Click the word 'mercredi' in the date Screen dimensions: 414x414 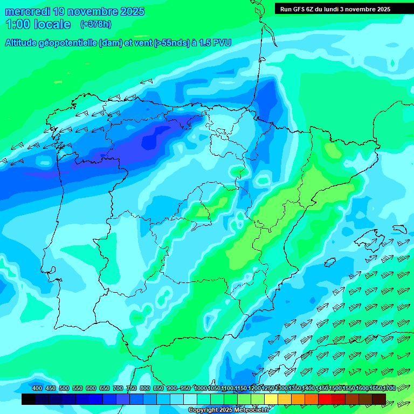pyautogui.click(x=27, y=11)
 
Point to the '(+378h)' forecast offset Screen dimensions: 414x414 pyautogui.click(x=95, y=24)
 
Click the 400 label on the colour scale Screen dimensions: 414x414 pyautogui.click(x=37, y=388)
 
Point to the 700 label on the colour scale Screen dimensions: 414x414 pyautogui.click(x=118, y=388)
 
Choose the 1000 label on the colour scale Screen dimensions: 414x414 pyautogui.click(x=201, y=388)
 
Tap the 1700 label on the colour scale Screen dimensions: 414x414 pyautogui.click(x=389, y=388)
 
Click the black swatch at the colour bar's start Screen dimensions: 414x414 pyautogui.click(x=29, y=399)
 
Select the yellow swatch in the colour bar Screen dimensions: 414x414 pyautogui.click(x=271, y=399)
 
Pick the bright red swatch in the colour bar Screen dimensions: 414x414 pyautogui.click(x=325, y=399)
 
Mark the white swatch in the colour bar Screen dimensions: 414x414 pyautogui.click(x=190, y=399)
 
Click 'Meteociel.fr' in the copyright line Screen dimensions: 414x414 pyautogui.click(x=250, y=410)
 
